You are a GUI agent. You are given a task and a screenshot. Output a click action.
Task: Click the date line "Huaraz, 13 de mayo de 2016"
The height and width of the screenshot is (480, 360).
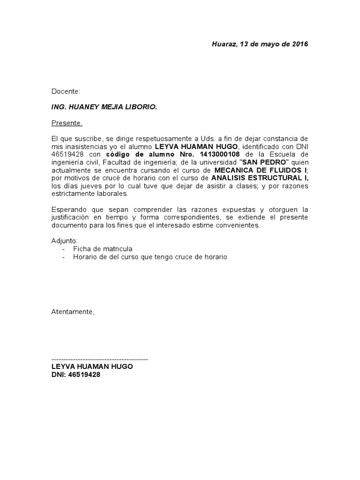260,45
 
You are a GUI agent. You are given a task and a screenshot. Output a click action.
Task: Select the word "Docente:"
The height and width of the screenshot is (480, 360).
66,91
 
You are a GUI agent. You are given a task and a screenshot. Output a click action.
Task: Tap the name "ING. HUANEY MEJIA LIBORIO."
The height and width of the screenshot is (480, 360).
104,107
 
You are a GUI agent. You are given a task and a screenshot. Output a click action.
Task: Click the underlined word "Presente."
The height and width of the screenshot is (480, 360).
67,123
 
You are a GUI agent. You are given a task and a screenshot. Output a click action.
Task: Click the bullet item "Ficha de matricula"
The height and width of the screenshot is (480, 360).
103,249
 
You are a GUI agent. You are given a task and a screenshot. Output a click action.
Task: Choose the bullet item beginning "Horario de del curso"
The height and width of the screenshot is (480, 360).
150,257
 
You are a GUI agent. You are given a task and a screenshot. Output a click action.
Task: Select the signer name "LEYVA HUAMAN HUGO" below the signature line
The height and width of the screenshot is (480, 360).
92,367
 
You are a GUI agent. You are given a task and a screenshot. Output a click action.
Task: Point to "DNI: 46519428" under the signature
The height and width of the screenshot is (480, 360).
75,375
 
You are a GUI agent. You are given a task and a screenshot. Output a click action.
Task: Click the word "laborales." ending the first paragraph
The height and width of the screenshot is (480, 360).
112,194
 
